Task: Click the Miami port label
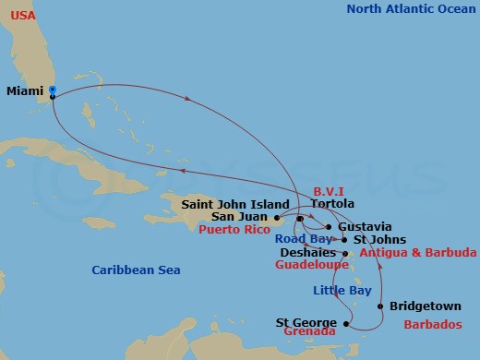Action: (25, 90)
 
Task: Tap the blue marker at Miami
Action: (52, 90)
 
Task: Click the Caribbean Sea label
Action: (136, 270)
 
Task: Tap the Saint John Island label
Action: (236, 204)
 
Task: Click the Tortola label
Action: (332, 204)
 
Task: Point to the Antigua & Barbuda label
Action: (417, 251)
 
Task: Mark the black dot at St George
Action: (346, 323)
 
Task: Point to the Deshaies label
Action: (307, 251)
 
